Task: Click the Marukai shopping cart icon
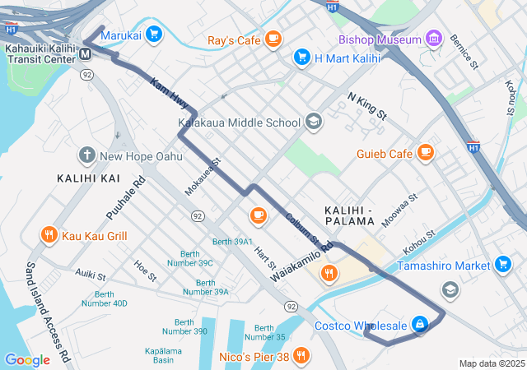[x=154, y=35]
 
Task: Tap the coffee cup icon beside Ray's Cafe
[x=273, y=39]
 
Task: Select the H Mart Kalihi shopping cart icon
[x=301, y=58]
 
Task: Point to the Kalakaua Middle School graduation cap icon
[x=313, y=123]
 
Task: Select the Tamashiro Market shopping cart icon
[x=502, y=265]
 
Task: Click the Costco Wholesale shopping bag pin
[x=420, y=325]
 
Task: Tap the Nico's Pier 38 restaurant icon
[x=302, y=356]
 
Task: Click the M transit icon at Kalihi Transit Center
[x=86, y=55]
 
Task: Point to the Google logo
[x=27, y=359]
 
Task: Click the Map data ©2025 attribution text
[x=491, y=363]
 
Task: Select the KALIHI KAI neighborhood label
[x=88, y=178]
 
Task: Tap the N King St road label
[x=366, y=106]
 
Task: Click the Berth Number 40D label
[x=104, y=298]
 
